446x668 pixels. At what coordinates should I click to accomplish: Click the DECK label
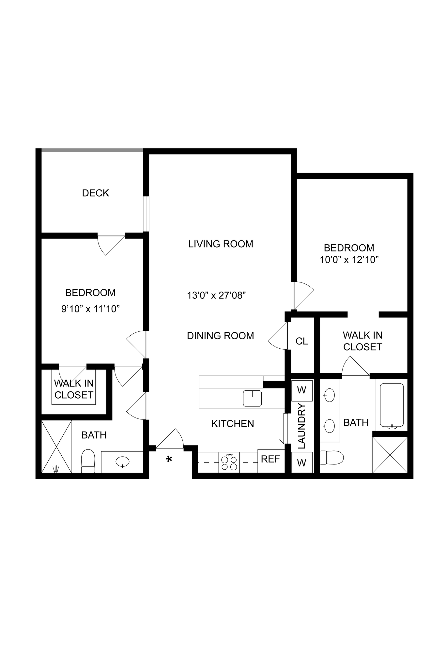point(95,193)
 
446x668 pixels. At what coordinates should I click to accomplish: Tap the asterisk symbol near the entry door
point(169,460)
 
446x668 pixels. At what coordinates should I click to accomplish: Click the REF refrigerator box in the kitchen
point(270,459)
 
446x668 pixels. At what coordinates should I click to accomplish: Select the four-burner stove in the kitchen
point(229,462)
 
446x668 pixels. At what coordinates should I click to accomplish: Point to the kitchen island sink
point(252,398)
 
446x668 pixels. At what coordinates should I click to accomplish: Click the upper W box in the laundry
point(302,390)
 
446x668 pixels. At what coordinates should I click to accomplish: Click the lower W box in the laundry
point(302,463)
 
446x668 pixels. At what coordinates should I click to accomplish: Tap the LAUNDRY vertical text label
point(302,426)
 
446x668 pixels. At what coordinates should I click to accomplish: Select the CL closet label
point(301,341)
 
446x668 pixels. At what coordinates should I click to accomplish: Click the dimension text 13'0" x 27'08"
point(216,296)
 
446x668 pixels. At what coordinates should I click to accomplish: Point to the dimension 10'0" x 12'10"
point(349,260)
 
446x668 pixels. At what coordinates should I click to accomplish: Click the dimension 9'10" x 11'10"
point(90,309)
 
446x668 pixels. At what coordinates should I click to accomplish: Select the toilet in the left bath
point(88,461)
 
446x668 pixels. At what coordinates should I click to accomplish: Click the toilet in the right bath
point(331,457)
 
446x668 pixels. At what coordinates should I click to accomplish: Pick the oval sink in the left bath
point(122,462)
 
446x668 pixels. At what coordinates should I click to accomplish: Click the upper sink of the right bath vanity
point(330,395)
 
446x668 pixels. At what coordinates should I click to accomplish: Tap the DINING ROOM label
point(220,336)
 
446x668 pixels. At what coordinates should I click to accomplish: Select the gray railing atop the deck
point(92,150)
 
